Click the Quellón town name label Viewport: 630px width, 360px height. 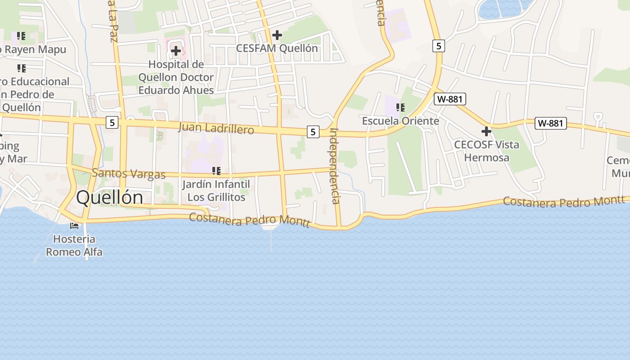(109, 198)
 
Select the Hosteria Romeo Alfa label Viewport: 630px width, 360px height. (74, 245)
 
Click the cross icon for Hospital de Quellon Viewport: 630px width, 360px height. (176, 51)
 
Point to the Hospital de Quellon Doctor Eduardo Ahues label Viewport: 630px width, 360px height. (176, 77)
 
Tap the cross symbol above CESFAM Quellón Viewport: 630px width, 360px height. (277, 35)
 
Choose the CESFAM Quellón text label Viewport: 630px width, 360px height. (277, 48)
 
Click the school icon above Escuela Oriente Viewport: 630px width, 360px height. (400, 108)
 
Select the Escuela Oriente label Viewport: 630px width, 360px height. (400, 121)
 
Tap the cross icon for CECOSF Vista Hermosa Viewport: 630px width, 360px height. (486, 131)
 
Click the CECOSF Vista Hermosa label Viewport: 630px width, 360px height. (486, 151)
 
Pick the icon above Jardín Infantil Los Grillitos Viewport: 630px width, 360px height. (216, 171)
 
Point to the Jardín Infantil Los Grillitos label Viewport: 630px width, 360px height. (216, 191)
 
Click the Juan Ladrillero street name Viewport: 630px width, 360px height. (216, 128)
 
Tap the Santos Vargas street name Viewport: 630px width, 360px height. (129, 173)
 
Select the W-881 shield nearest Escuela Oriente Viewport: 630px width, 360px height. (450, 99)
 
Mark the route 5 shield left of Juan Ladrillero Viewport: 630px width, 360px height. (112, 122)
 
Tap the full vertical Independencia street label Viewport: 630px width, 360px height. (335, 166)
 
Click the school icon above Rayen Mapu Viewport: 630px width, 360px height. (21, 36)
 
